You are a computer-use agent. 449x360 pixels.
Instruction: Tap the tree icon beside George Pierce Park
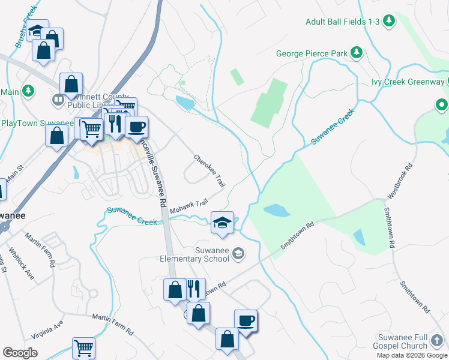pos(357,53)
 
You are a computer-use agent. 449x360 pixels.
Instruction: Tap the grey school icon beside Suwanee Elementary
pos(238,254)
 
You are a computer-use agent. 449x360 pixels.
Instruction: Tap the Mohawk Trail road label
pos(188,206)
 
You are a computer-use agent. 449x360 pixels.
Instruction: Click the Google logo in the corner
pos(20,353)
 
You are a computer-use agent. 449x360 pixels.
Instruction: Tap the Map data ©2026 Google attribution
pos(412,355)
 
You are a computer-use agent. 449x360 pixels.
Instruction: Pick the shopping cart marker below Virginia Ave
pos(83,347)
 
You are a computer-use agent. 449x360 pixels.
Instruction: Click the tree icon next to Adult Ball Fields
pos(389,21)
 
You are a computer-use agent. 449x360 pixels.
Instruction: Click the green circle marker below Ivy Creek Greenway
pos(441,106)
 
